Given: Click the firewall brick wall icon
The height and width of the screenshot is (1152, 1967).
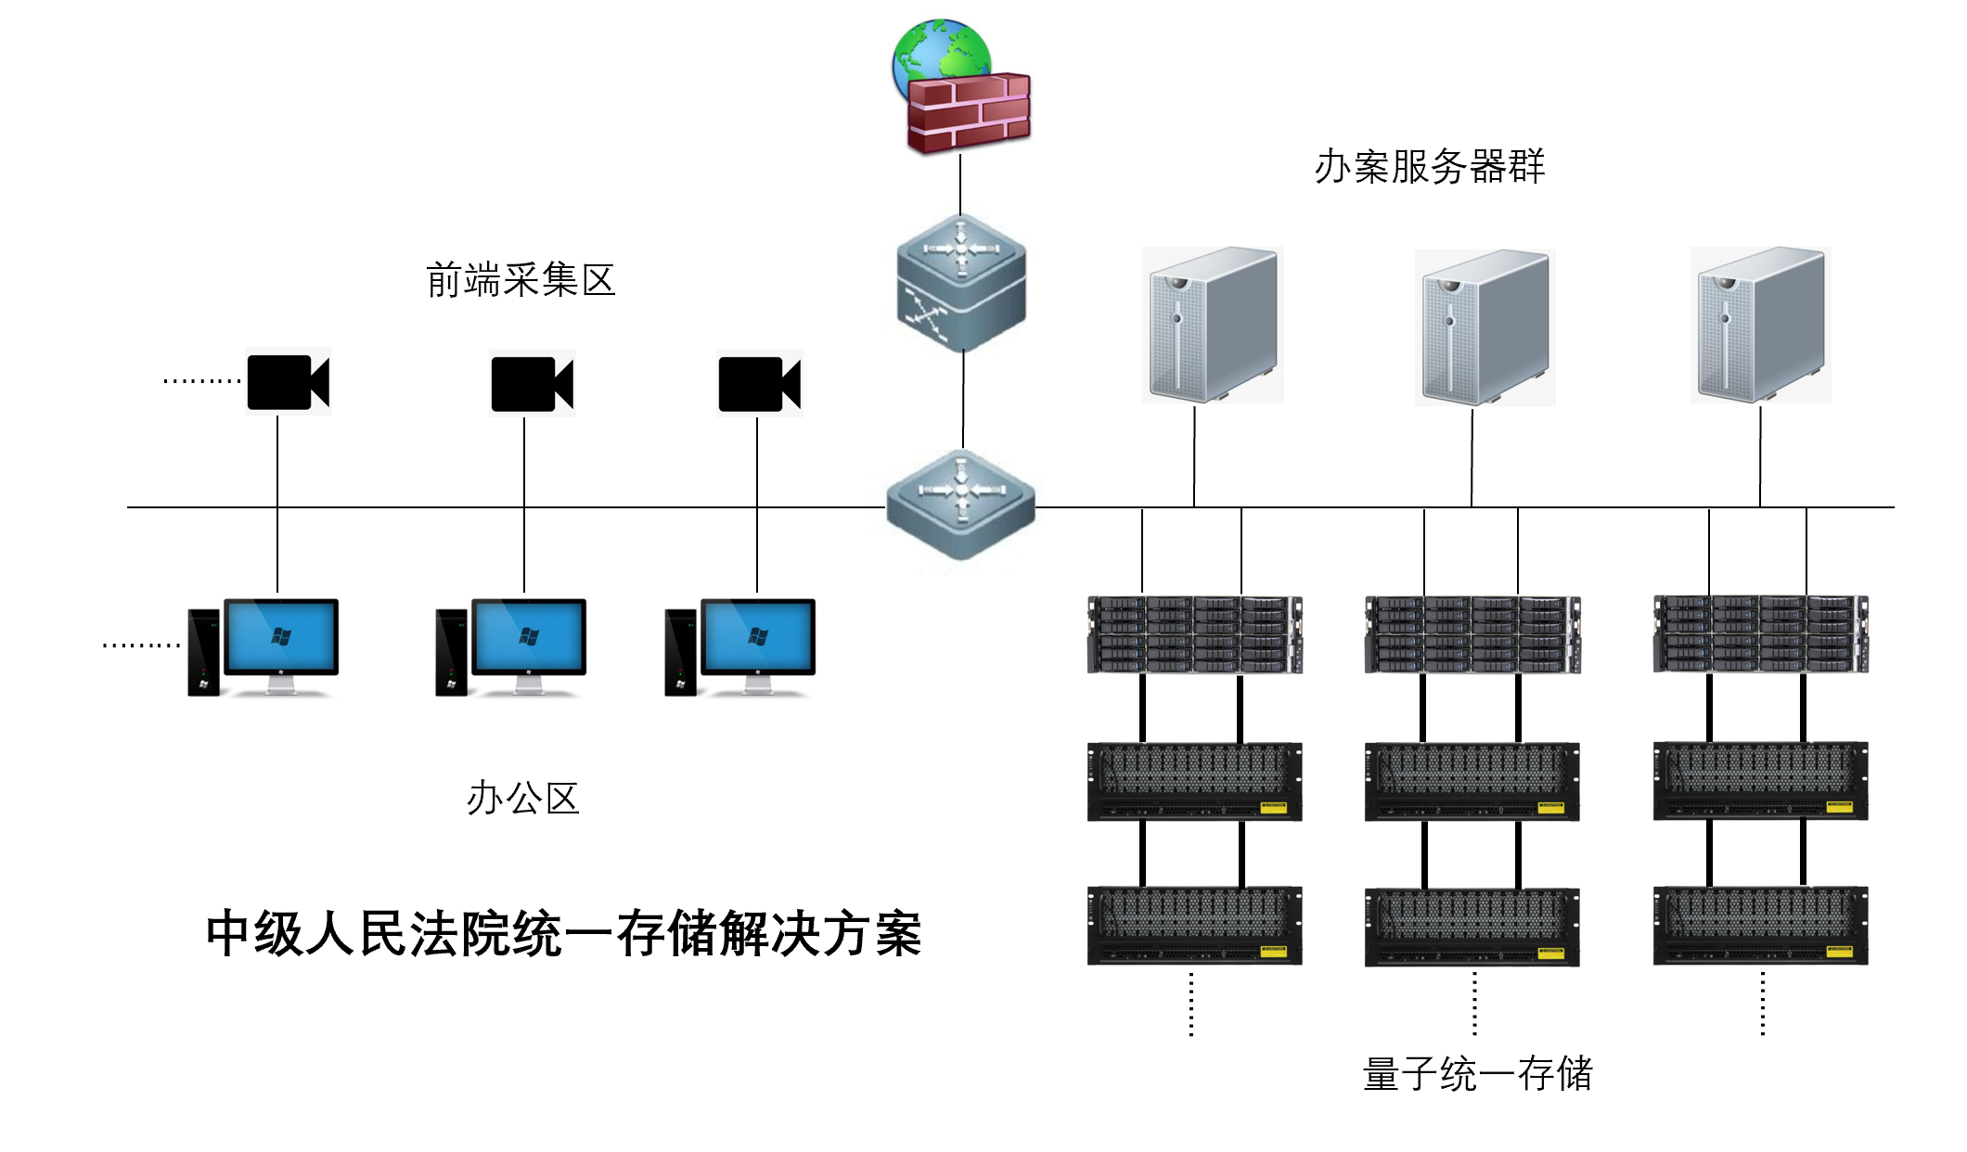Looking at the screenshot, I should tap(969, 113).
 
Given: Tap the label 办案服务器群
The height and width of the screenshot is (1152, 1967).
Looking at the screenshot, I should tap(1429, 167).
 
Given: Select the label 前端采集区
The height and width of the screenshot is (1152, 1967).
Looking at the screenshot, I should tap(521, 280).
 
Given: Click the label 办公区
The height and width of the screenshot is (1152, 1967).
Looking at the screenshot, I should tap(522, 799).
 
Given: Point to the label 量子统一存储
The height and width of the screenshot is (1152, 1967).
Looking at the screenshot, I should tap(1477, 1074).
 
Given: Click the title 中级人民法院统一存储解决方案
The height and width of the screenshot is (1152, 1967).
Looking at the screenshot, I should tap(563, 933).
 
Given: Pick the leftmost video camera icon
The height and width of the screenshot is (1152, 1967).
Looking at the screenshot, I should tap(288, 382).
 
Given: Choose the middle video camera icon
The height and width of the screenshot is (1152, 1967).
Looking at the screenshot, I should tap(532, 383).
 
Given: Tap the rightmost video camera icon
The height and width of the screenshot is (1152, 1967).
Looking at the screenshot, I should tap(759, 383).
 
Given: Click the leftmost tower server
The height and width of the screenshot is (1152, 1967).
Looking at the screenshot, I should tap(1213, 324).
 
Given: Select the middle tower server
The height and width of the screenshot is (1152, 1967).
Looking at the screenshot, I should tap(1485, 326).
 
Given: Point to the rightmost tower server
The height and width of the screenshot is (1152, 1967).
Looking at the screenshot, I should tap(1760, 324).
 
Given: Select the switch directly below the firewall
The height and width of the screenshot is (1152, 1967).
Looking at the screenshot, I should tap(961, 282).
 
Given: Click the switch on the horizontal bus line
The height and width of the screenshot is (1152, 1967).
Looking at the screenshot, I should tap(961, 506).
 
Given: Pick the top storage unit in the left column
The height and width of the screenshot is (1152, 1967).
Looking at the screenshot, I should tap(1195, 634).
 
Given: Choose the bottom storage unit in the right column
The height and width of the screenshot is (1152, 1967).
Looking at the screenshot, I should tap(1760, 926).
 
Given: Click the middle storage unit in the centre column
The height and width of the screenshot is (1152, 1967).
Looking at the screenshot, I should tap(1472, 781).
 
